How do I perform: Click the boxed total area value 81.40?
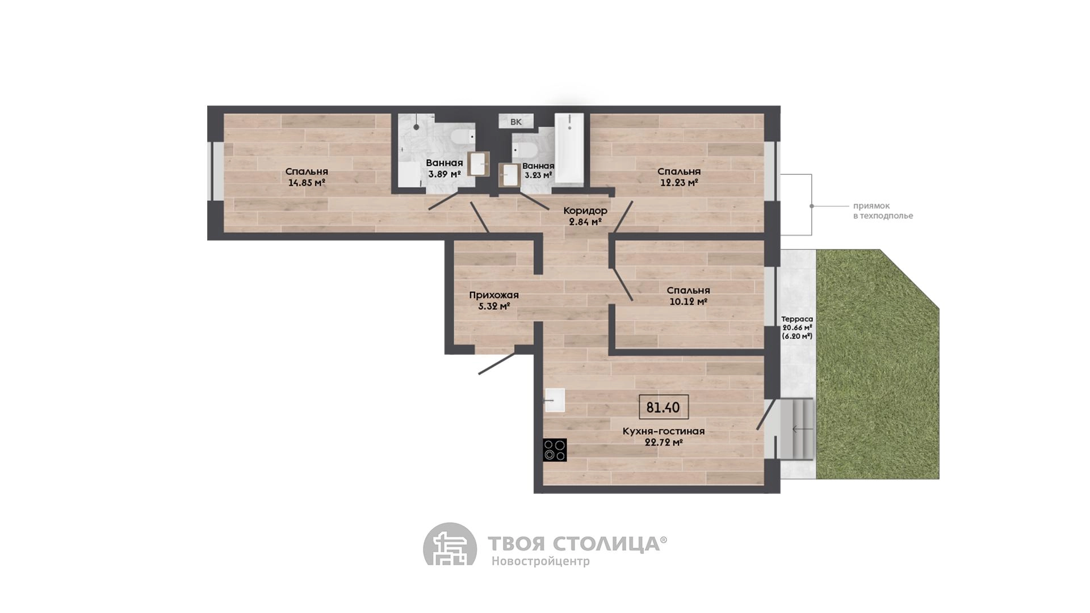(664, 407)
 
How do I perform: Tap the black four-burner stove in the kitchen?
(555, 450)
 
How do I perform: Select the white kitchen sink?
(555, 400)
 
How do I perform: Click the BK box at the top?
(516, 121)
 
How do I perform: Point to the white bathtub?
(569, 148)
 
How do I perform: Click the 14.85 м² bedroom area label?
(307, 183)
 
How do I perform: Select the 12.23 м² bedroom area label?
(679, 183)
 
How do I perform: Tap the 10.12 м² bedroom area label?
(688, 302)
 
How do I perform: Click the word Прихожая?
(494, 295)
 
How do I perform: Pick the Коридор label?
(585, 211)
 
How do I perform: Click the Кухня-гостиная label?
(664, 431)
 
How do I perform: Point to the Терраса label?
(797, 319)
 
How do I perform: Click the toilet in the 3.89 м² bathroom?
(462, 137)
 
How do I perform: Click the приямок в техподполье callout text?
(883, 211)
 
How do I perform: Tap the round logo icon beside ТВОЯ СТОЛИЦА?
(450, 544)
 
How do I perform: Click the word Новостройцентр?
(540, 561)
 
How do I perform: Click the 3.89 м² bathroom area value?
(445, 174)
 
